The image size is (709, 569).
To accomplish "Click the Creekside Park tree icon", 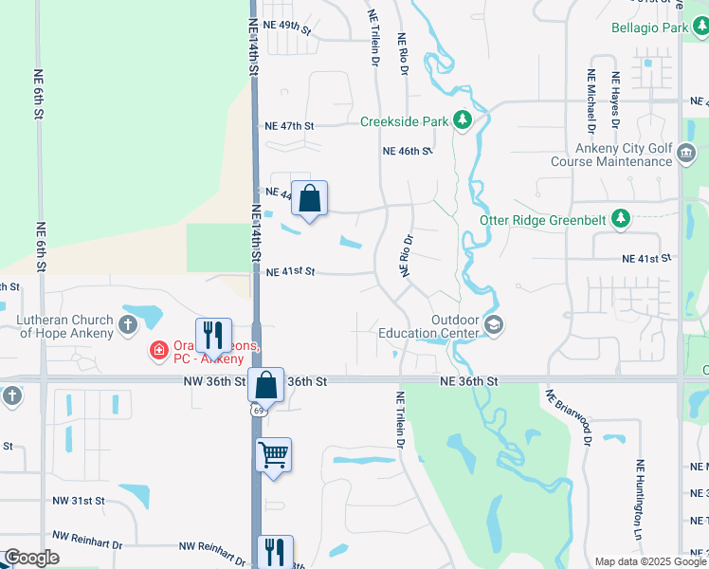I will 463,120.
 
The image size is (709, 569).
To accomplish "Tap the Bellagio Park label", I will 649,28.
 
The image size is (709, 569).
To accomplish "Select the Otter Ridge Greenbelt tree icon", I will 621,219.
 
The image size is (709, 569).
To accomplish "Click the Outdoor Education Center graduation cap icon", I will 493,325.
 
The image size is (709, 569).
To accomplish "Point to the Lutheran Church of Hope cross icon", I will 129,326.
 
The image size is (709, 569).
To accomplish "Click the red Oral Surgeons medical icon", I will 159,352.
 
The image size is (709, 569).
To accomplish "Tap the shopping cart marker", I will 273,455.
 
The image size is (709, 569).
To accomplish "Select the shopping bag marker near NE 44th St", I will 309,199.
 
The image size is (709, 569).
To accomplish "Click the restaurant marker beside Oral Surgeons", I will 213,335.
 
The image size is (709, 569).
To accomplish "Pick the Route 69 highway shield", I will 258,410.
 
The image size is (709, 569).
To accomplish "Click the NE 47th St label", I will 289,125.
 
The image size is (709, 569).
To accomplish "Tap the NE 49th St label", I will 288,26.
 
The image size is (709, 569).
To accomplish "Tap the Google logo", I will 31,558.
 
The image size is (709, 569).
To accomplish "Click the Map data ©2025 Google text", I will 650,561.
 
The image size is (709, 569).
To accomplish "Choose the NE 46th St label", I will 408,151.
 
